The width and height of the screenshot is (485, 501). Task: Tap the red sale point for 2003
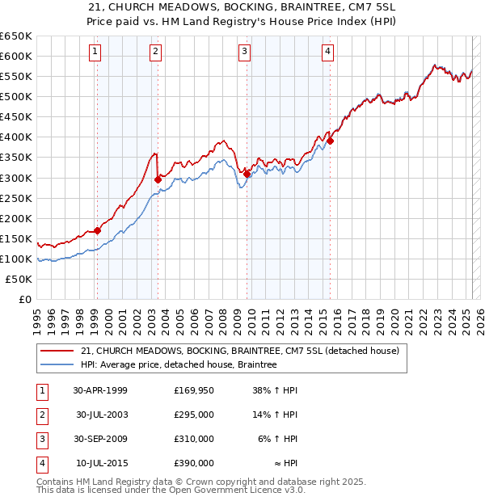157,179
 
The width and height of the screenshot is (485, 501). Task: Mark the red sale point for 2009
247,173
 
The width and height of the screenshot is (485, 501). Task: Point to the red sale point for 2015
330,141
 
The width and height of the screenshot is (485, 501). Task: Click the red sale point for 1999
98,230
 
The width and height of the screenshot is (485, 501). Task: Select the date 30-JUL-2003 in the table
102,415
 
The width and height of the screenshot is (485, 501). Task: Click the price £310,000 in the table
194,439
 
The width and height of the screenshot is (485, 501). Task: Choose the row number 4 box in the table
41,463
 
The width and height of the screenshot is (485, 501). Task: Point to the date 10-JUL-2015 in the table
102,463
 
